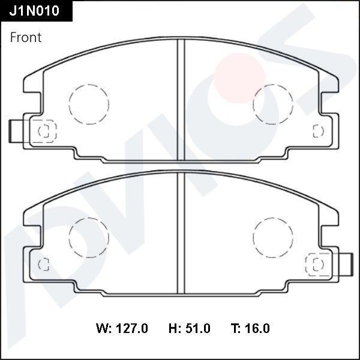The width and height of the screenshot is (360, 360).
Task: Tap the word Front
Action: pos(26,37)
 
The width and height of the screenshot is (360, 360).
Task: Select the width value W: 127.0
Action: pos(122,328)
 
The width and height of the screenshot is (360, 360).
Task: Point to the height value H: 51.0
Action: pos(189,328)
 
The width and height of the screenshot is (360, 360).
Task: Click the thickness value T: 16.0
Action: pos(250,328)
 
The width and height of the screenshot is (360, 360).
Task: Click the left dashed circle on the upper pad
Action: pos(89,104)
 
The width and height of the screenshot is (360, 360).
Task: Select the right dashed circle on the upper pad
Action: pos(272,104)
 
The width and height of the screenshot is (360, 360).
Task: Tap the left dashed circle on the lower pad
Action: pos(89,238)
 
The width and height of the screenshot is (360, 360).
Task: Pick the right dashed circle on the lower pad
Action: pos(272,238)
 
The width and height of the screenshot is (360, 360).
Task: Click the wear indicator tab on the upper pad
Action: pos(17,131)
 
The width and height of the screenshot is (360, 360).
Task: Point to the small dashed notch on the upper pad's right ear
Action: pos(318,131)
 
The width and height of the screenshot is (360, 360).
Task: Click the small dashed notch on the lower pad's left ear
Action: pos(43,264)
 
